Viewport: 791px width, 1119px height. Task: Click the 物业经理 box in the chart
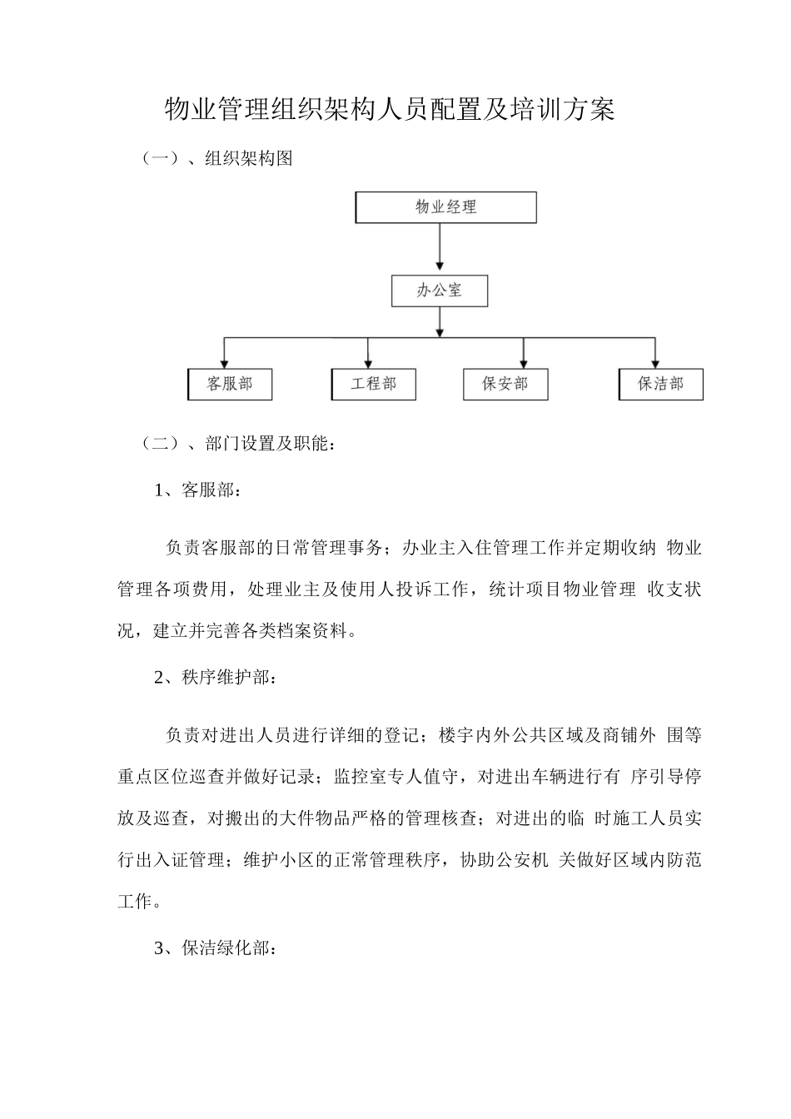click(445, 207)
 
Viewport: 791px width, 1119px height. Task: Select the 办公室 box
click(439, 291)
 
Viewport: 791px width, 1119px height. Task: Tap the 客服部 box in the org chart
click(230, 384)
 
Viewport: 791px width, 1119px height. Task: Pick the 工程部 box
click(373, 384)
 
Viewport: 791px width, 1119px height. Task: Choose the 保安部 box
click(505, 384)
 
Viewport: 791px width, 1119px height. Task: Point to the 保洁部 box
click(661, 384)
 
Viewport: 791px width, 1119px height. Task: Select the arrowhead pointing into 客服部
click(224, 363)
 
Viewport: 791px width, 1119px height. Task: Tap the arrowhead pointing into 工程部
click(367, 363)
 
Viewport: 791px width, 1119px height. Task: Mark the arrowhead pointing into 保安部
click(523, 363)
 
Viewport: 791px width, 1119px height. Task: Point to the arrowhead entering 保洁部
click(655, 363)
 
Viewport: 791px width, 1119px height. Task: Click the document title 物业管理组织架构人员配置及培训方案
click(390, 109)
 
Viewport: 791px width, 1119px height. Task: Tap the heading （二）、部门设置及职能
click(238, 444)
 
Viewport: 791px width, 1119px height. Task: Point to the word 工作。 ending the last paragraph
click(136, 902)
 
